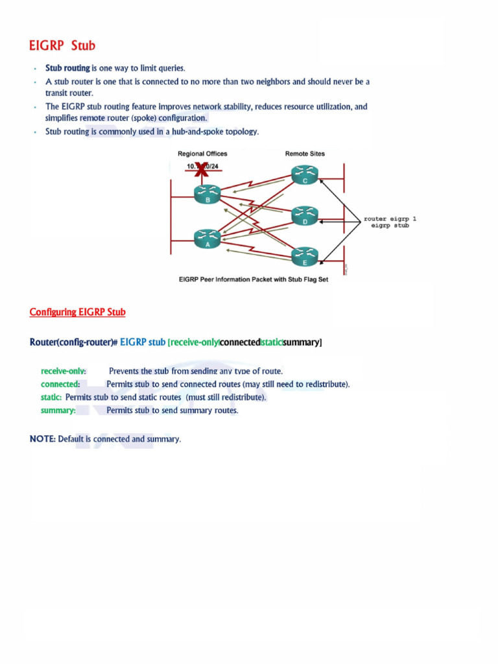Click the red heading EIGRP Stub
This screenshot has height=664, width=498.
point(62,45)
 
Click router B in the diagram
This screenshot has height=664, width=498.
point(207,193)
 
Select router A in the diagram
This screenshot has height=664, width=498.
point(207,238)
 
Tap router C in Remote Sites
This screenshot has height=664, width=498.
point(305,174)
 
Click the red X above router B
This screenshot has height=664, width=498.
point(202,168)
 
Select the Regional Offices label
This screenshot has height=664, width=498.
point(202,154)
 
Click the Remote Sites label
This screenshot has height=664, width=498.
point(305,154)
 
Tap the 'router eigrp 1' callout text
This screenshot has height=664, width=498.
point(390,219)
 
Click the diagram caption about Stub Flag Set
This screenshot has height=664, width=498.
point(254,279)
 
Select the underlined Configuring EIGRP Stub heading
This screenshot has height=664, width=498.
point(78,312)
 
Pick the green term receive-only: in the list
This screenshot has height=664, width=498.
point(64,371)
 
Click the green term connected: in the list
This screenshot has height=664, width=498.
point(60,384)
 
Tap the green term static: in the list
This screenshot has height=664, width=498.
point(51,397)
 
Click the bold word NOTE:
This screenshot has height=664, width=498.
point(42,439)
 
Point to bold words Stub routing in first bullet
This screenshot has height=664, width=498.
point(67,67)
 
